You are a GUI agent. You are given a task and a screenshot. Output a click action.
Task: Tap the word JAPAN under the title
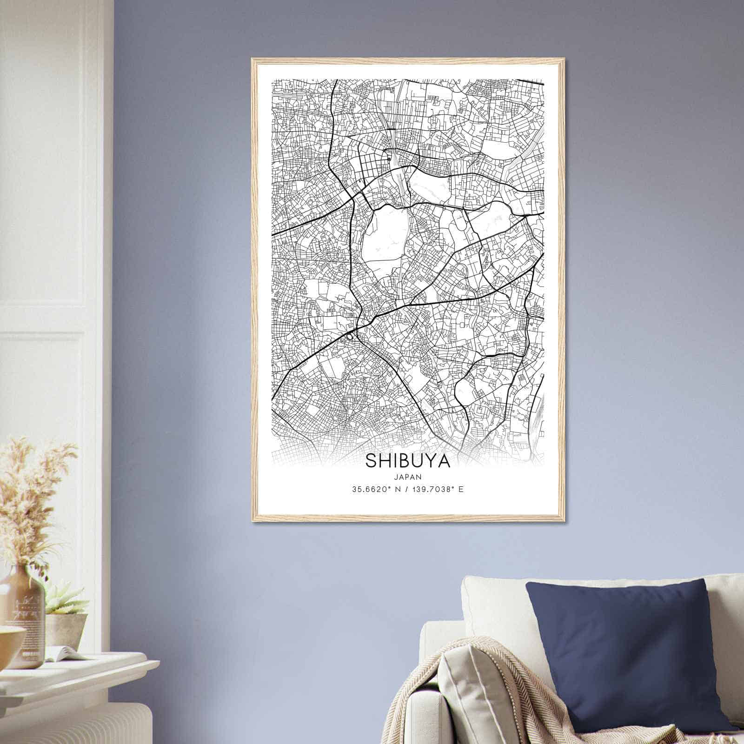pyautogui.click(x=407, y=476)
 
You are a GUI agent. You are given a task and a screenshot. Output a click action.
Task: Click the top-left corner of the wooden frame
pyautogui.click(x=252, y=60)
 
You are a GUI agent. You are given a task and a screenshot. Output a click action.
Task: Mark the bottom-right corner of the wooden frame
pyautogui.click(x=564, y=521)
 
